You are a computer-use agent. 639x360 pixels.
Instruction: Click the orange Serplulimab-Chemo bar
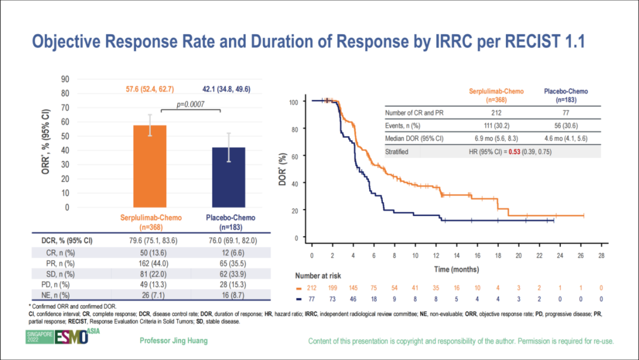(x=150, y=166)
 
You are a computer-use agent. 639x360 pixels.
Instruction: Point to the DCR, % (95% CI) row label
(x=66, y=241)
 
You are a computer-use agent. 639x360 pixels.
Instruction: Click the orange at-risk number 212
(x=312, y=288)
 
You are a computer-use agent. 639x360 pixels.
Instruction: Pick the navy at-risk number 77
(x=312, y=300)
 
